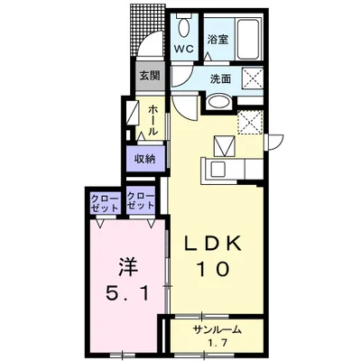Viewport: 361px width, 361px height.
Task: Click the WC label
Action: [184, 49]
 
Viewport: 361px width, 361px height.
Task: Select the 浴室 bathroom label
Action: [218, 40]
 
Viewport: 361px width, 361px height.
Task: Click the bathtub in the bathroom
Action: [249, 39]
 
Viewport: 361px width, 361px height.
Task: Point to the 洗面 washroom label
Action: [220, 79]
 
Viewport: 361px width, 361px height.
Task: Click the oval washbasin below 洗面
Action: [219, 102]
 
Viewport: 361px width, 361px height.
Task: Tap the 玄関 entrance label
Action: [150, 76]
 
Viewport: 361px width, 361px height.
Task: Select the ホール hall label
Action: [153, 120]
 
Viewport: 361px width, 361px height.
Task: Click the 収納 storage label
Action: [145, 159]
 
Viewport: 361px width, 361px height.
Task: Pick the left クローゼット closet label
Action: [105, 203]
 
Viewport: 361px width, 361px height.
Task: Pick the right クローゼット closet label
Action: [141, 201]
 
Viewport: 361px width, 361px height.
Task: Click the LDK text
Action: [213, 244]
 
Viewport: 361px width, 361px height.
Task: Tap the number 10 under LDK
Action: [213, 269]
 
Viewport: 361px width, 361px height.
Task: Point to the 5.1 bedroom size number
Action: [127, 293]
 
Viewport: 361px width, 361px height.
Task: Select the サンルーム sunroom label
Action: [218, 330]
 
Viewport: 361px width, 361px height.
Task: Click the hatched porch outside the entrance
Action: [148, 29]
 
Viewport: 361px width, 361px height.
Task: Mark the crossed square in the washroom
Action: [253, 79]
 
